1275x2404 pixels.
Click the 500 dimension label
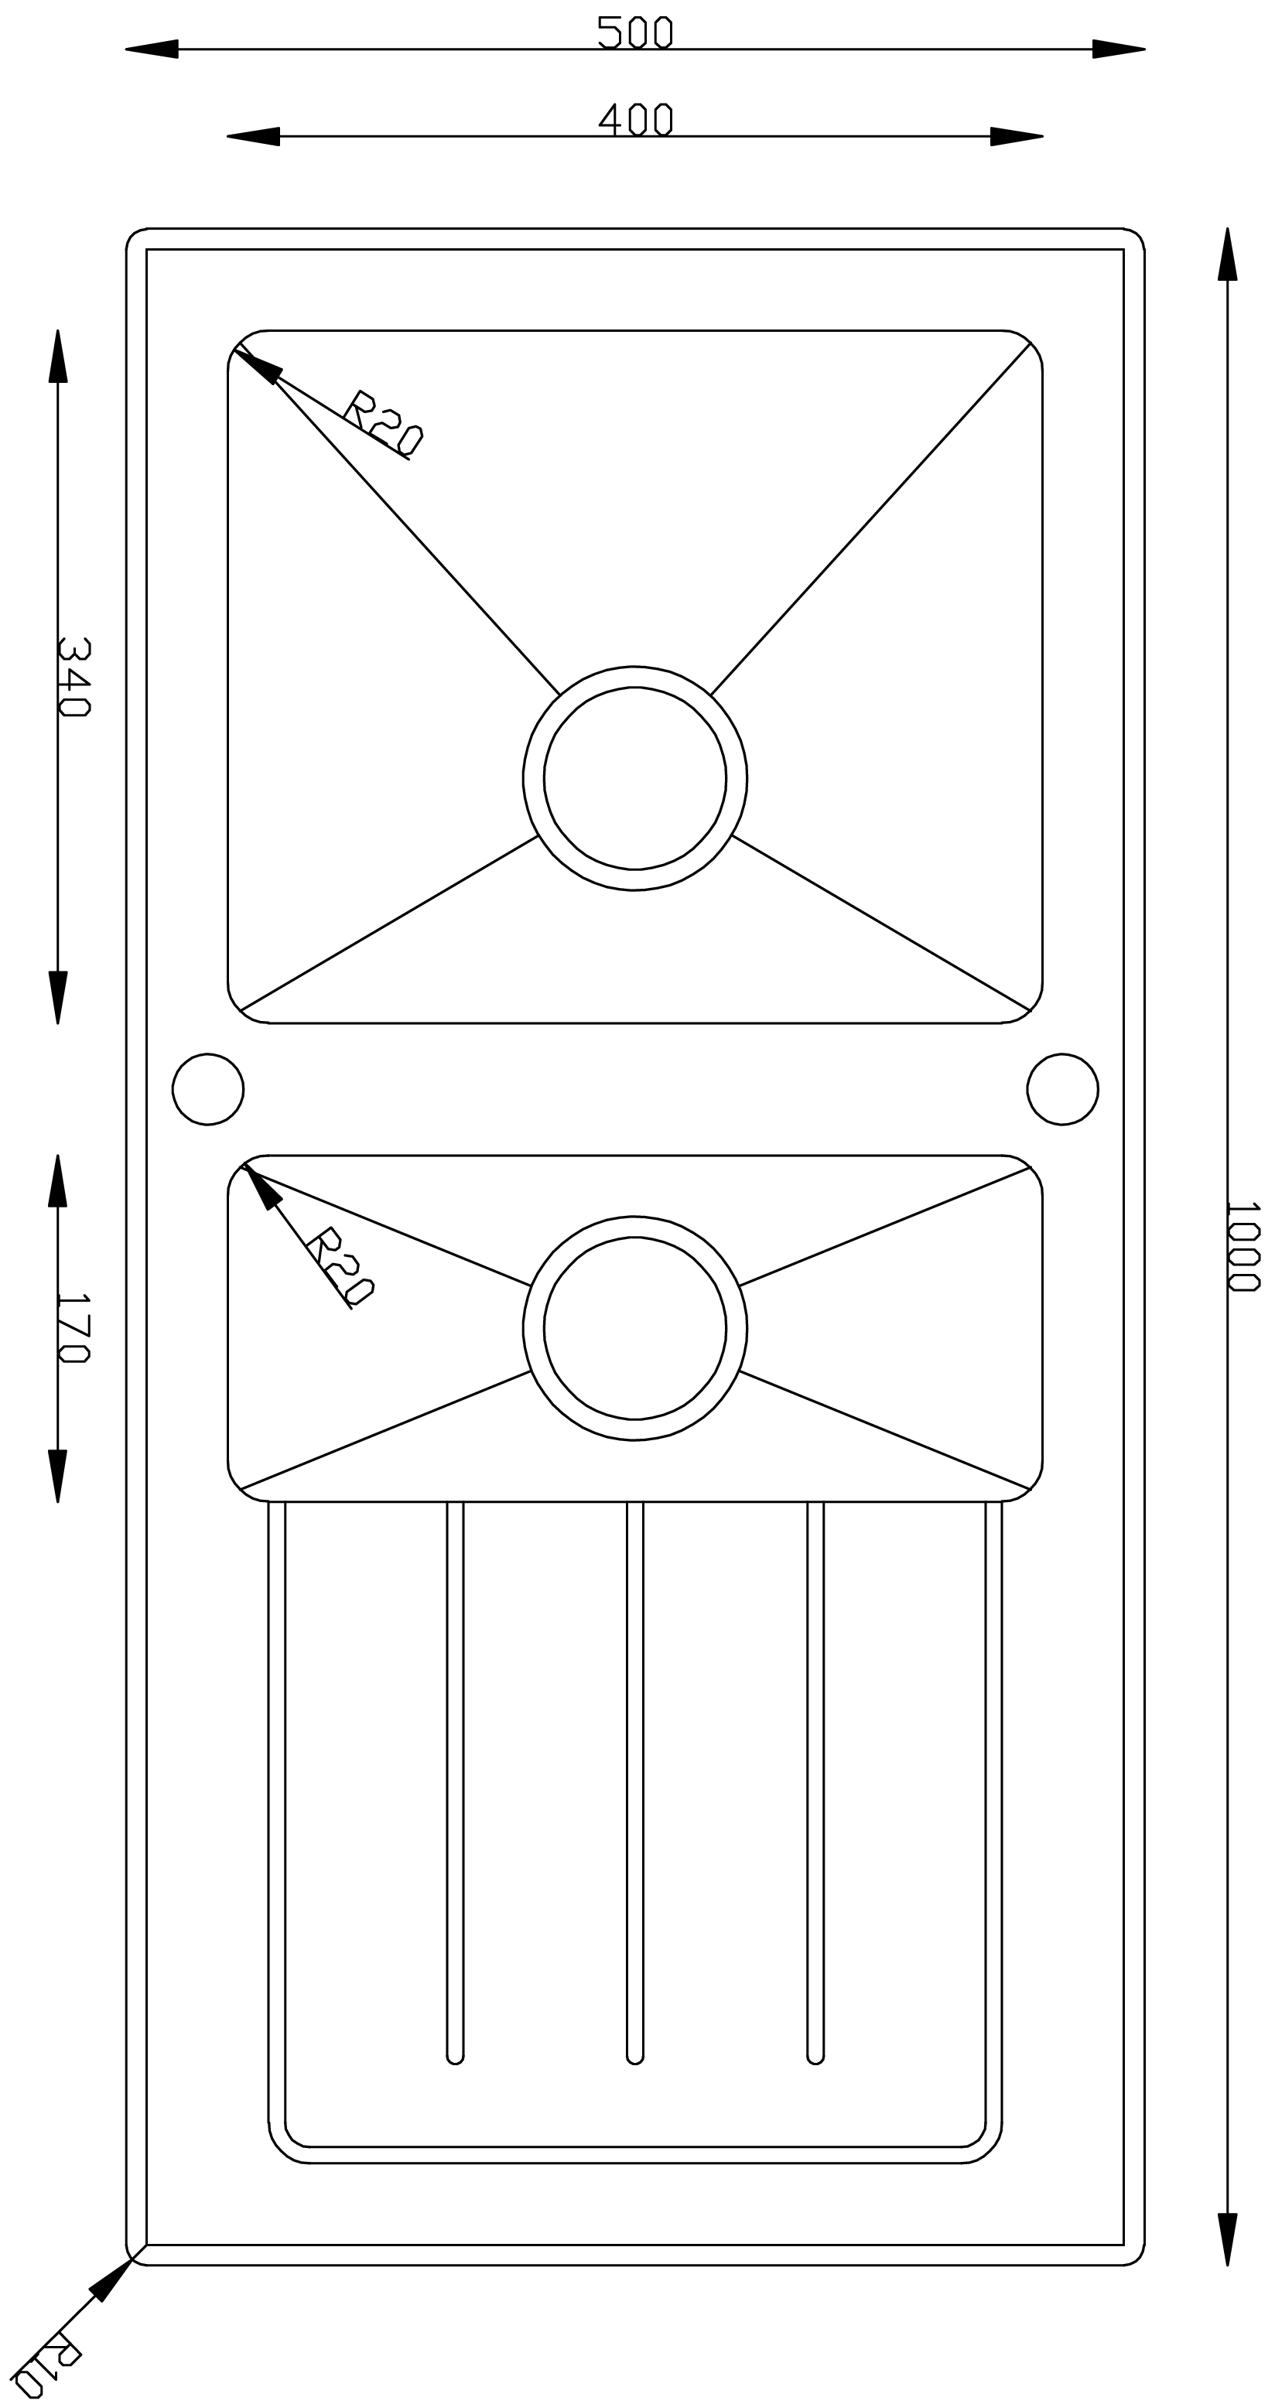coord(634,32)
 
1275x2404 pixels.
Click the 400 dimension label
coord(634,119)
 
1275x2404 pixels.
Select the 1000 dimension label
coord(1243,1246)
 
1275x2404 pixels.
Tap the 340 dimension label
coord(73,677)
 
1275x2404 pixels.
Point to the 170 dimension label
coord(73,1327)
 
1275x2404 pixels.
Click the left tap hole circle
coord(208,1089)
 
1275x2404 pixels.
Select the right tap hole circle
coord(1062,1089)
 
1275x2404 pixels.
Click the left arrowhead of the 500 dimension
coord(151,49)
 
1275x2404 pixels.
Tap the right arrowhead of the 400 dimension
coord(1017,136)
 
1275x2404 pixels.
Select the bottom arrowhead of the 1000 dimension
coord(1227,2240)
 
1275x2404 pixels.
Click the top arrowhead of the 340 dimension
coord(58,356)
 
